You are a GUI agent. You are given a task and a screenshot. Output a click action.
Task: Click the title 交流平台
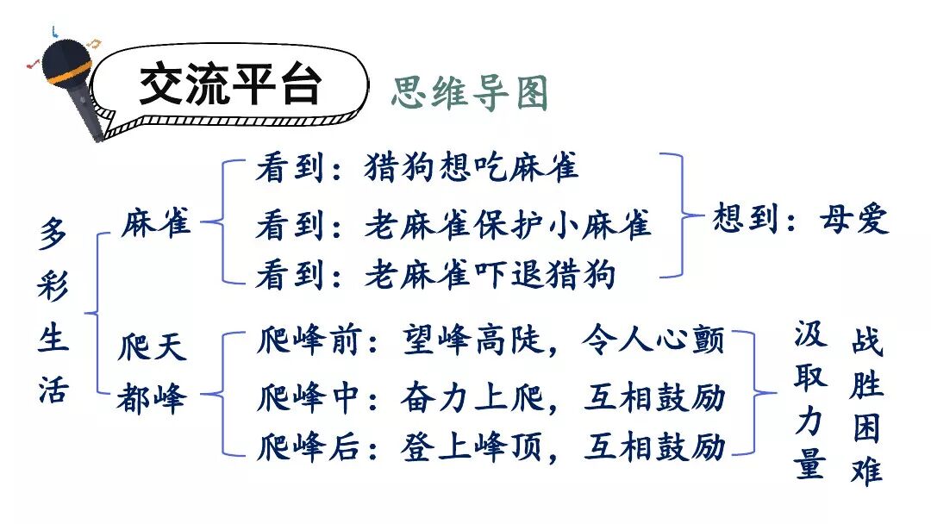pos(230,85)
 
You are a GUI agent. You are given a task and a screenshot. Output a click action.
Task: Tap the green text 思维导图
pos(470,92)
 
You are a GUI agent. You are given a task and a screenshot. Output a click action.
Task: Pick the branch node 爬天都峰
pos(153,375)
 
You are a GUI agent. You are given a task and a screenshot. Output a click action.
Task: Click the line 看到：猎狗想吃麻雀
pos(416,167)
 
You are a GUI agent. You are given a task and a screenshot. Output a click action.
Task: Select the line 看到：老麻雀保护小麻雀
pos(453,225)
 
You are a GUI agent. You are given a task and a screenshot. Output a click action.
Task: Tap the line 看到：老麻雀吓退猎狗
pos(435,275)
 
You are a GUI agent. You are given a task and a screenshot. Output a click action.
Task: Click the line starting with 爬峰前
pos(490,342)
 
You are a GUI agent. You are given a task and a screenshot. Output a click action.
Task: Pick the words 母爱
pos(854,221)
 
